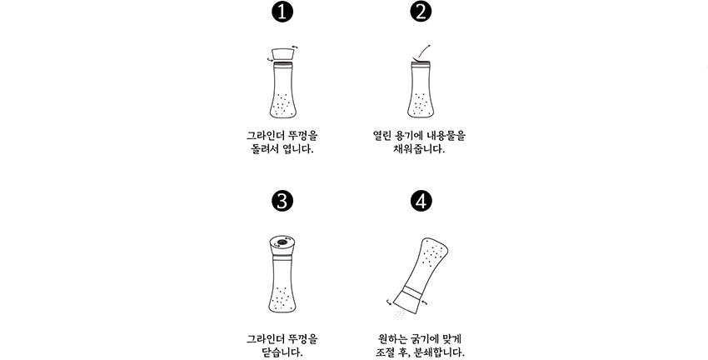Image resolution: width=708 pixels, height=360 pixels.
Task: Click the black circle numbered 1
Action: [282, 12]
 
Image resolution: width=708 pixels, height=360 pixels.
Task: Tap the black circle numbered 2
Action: [421, 12]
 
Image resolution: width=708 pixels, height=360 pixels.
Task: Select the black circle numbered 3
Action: [282, 201]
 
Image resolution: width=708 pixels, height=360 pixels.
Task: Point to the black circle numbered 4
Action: [421, 201]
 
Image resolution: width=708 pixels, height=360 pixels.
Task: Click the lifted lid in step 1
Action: [282, 54]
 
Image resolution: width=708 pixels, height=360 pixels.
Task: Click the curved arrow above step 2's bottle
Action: [422, 51]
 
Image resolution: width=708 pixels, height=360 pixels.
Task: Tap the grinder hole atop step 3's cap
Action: [282, 242]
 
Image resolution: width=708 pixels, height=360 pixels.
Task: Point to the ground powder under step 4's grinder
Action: [400, 314]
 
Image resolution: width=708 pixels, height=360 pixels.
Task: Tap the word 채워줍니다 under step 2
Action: [420, 149]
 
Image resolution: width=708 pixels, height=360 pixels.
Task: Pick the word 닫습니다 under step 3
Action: [282, 352]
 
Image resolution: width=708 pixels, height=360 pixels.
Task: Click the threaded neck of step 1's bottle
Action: [283, 65]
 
